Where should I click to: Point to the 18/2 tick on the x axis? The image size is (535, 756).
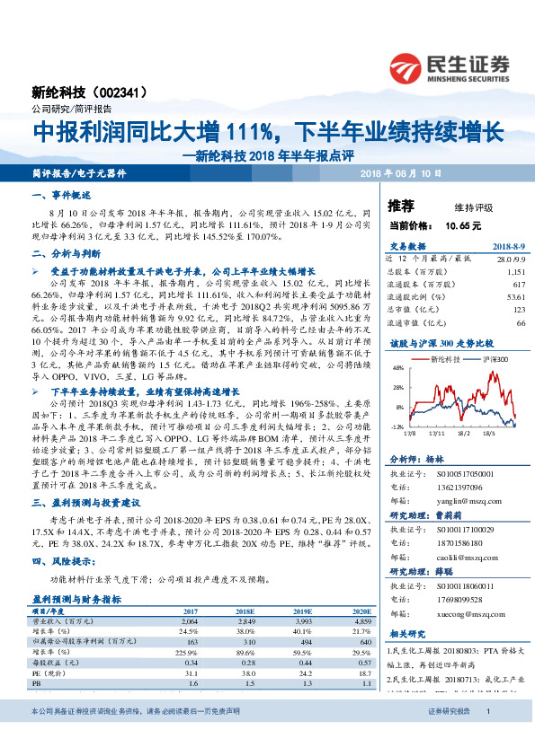click(x=466, y=431)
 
